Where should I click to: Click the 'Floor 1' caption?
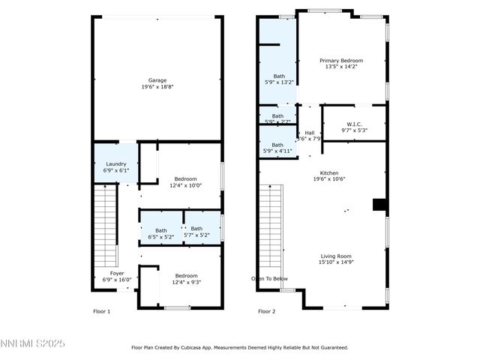tap(101, 310)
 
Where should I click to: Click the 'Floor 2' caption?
tap(267, 310)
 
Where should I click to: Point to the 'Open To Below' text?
tap(269, 278)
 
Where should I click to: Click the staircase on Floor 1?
tap(105, 225)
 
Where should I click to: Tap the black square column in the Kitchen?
tap(379, 205)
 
